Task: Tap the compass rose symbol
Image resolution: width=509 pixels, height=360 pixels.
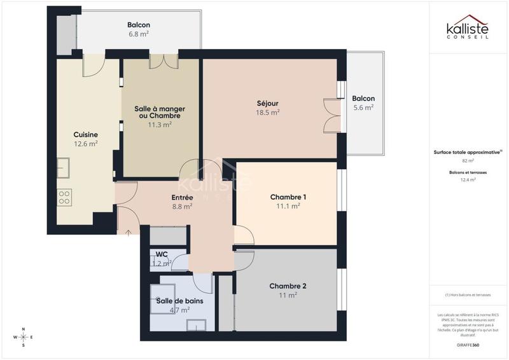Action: [24, 337]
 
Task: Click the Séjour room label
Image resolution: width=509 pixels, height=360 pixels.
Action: [267, 103]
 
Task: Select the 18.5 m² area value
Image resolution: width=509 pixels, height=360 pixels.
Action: [267, 113]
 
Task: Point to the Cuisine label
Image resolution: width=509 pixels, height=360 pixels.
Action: [85, 134]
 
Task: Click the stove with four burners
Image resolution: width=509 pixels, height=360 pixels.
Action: [64, 197]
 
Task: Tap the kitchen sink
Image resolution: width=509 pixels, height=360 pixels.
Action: [63, 169]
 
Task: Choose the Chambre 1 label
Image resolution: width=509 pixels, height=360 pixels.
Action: [288, 197]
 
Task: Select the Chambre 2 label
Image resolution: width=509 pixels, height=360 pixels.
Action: [288, 286]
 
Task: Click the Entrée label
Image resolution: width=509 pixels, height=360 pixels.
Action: [182, 197]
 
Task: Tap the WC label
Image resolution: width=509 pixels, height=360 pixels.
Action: [162, 254]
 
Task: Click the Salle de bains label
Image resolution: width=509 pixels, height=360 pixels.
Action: [180, 301]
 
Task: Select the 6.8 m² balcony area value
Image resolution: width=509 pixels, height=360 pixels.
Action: [138, 35]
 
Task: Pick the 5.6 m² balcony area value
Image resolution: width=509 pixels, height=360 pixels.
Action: [363, 108]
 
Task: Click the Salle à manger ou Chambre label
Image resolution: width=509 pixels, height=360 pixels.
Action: [159, 112]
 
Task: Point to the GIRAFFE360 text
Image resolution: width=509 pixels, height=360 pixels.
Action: [468, 344]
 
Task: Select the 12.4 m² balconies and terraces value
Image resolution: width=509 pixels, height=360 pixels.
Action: [468, 180]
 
